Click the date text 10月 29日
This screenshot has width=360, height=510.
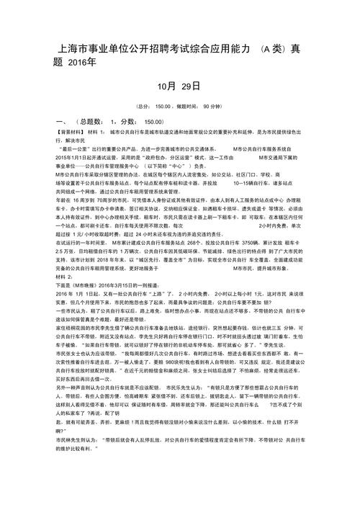click(x=178, y=86)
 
